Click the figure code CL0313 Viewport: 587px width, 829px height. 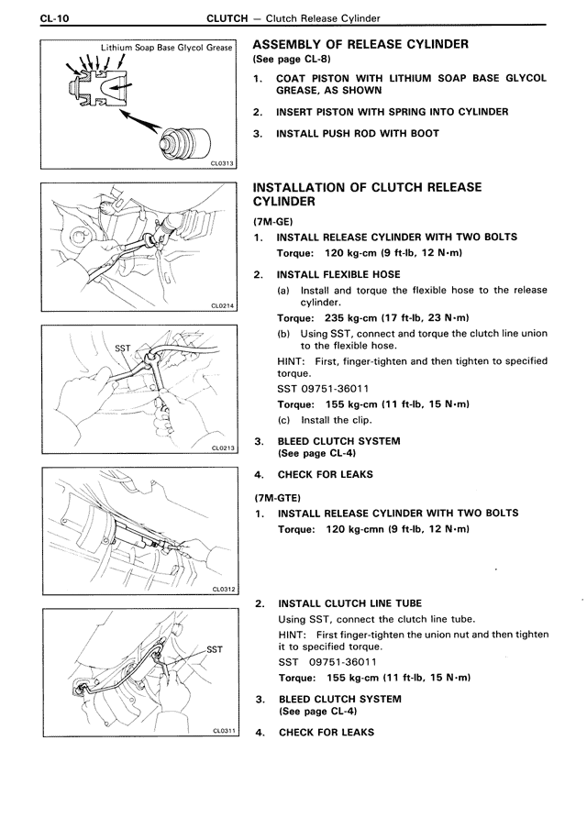pyautogui.click(x=223, y=163)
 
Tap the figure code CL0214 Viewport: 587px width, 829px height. pyautogui.click(x=223, y=305)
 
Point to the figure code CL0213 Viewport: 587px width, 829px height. pyautogui.click(x=223, y=448)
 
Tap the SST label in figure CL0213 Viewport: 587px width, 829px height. pyautogui.click(x=123, y=349)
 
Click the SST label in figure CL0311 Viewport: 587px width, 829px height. pyautogui.click(x=214, y=648)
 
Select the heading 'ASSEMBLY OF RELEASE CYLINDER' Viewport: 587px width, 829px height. pyautogui.click(x=360, y=44)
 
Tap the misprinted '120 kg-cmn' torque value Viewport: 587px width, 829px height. pyautogui.click(x=358, y=529)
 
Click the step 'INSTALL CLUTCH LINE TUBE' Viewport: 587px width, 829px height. pyautogui.click(x=349, y=603)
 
